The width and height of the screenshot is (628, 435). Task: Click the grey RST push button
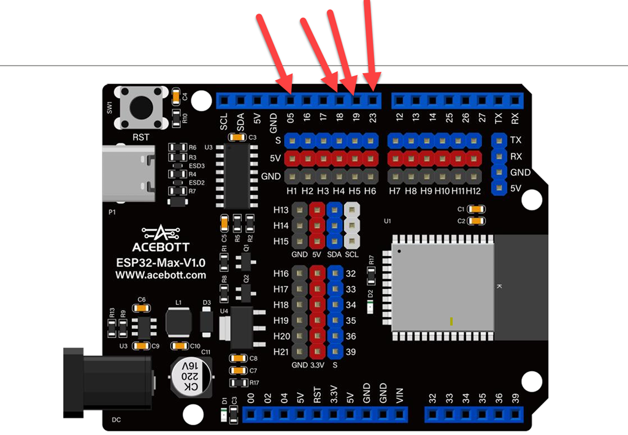141,108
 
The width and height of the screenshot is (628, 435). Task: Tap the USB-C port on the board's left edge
128,174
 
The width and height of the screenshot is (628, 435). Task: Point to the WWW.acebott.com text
161,275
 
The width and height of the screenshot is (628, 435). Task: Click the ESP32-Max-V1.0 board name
161,262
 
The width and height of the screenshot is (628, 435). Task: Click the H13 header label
281,210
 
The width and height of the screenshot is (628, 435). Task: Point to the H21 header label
281,352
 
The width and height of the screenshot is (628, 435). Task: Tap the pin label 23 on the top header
372,117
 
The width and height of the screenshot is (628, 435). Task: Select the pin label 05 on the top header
290,117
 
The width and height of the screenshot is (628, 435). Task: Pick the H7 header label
395,191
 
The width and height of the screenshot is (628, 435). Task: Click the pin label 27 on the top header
482,117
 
